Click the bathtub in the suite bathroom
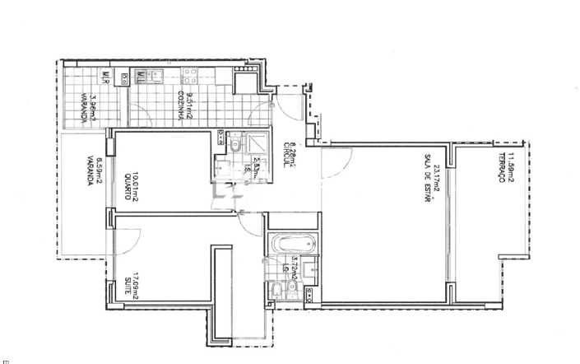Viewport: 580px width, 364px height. tap(293, 244)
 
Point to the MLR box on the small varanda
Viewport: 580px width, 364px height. tap(106, 79)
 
